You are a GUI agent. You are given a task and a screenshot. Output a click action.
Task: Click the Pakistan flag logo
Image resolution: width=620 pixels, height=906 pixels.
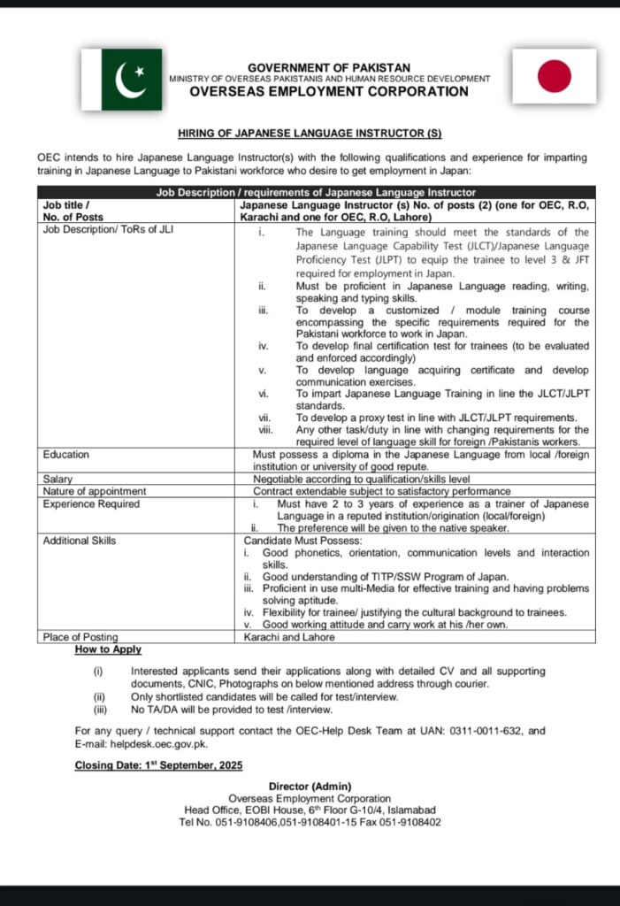click(x=132, y=80)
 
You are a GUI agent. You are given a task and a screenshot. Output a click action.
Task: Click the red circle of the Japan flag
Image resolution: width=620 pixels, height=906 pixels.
click(x=555, y=76)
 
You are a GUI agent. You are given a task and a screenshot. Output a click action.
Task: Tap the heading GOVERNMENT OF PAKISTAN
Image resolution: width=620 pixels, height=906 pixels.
click(x=328, y=67)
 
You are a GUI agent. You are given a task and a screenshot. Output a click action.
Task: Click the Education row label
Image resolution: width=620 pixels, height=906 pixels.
click(x=66, y=455)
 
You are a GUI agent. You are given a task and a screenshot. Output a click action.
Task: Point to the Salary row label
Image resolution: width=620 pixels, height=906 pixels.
click(x=58, y=478)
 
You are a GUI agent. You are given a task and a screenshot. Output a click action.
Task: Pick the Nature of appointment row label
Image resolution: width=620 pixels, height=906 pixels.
click(x=95, y=491)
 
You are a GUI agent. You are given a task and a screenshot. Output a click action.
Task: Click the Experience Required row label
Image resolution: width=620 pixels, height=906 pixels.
click(x=91, y=504)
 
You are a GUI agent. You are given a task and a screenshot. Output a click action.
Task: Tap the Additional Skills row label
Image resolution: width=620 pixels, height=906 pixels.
click(x=80, y=541)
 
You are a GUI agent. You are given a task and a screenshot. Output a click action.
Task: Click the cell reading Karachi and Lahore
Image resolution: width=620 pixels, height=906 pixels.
click(x=289, y=636)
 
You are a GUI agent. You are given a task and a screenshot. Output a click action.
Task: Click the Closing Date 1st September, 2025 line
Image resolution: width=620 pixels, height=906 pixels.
click(x=158, y=764)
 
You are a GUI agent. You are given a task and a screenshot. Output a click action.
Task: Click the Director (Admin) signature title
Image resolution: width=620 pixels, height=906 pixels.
click(x=310, y=787)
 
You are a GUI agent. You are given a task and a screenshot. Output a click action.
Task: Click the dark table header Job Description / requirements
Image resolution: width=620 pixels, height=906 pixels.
click(x=316, y=192)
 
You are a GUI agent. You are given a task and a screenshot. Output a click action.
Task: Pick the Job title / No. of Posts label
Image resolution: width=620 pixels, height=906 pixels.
click(x=73, y=211)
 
